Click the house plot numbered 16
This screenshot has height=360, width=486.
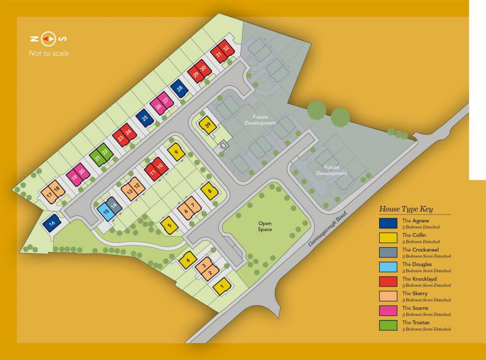coord(52,223)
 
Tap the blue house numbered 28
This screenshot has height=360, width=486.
coord(179,89)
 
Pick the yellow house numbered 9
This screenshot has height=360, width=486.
coord(176,151)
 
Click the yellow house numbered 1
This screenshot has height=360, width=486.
coord(221,286)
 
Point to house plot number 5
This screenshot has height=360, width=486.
coord(170,225)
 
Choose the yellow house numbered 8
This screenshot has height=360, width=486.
coord(210,191)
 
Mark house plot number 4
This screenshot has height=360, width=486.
coord(187,261)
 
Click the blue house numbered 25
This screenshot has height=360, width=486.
coord(145,117)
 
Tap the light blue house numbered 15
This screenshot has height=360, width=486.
coord(106,211)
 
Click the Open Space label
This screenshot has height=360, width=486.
coord(265,226)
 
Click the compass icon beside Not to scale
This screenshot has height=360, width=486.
coord(49,39)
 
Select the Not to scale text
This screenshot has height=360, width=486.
coord(49,53)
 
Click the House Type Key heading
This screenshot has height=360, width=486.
coord(406,209)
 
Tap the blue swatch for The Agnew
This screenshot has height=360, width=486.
coord(388,223)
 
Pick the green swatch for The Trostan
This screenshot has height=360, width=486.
coord(388,325)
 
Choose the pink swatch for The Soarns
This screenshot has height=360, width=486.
coord(388,310)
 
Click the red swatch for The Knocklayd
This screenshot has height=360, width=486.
coord(388,281)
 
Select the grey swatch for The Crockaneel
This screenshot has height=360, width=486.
coord(388,252)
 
